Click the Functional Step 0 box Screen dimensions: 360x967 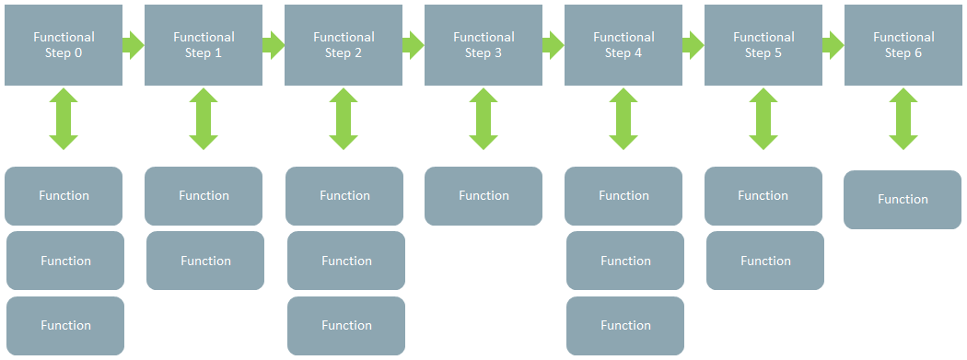pyautogui.click(x=64, y=45)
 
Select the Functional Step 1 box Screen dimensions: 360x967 pyautogui.click(x=204, y=45)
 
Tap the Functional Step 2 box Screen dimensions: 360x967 pyautogui.click(x=344, y=45)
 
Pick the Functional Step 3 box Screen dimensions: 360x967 pyautogui.click(x=483, y=45)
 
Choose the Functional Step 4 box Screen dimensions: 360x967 pyautogui.click(x=623, y=45)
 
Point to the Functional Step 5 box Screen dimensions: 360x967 pyautogui.click(x=763, y=45)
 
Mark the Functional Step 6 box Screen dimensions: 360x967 pyautogui.click(x=903, y=45)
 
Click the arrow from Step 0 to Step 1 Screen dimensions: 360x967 pyautogui.click(x=134, y=45)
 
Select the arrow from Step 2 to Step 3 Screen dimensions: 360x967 pyautogui.click(x=414, y=45)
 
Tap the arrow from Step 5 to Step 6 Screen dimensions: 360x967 pyautogui.click(x=833, y=45)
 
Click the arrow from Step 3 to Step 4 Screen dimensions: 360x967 pyautogui.click(x=553, y=45)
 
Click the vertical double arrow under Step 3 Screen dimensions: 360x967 pyautogui.click(x=483, y=119)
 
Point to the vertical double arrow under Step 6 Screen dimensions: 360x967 pyautogui.click(x=903, y=119)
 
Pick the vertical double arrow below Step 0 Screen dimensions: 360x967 pyautogui.click(x=64, y=119)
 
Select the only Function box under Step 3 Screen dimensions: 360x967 pyautogui.click(x=483, y=196)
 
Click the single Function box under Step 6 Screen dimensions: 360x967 pyautogui.click(x=903, y=200)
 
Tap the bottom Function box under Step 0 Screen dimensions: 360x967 pyautogui.click(x=65, y=326)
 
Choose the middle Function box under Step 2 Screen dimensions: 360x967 pyautogui.click(x=346, y=261)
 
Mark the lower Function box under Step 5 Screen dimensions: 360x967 pyautogui.click(x=765, y=261)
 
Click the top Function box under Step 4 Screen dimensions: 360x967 pyautogui.click(x=623, y=196)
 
